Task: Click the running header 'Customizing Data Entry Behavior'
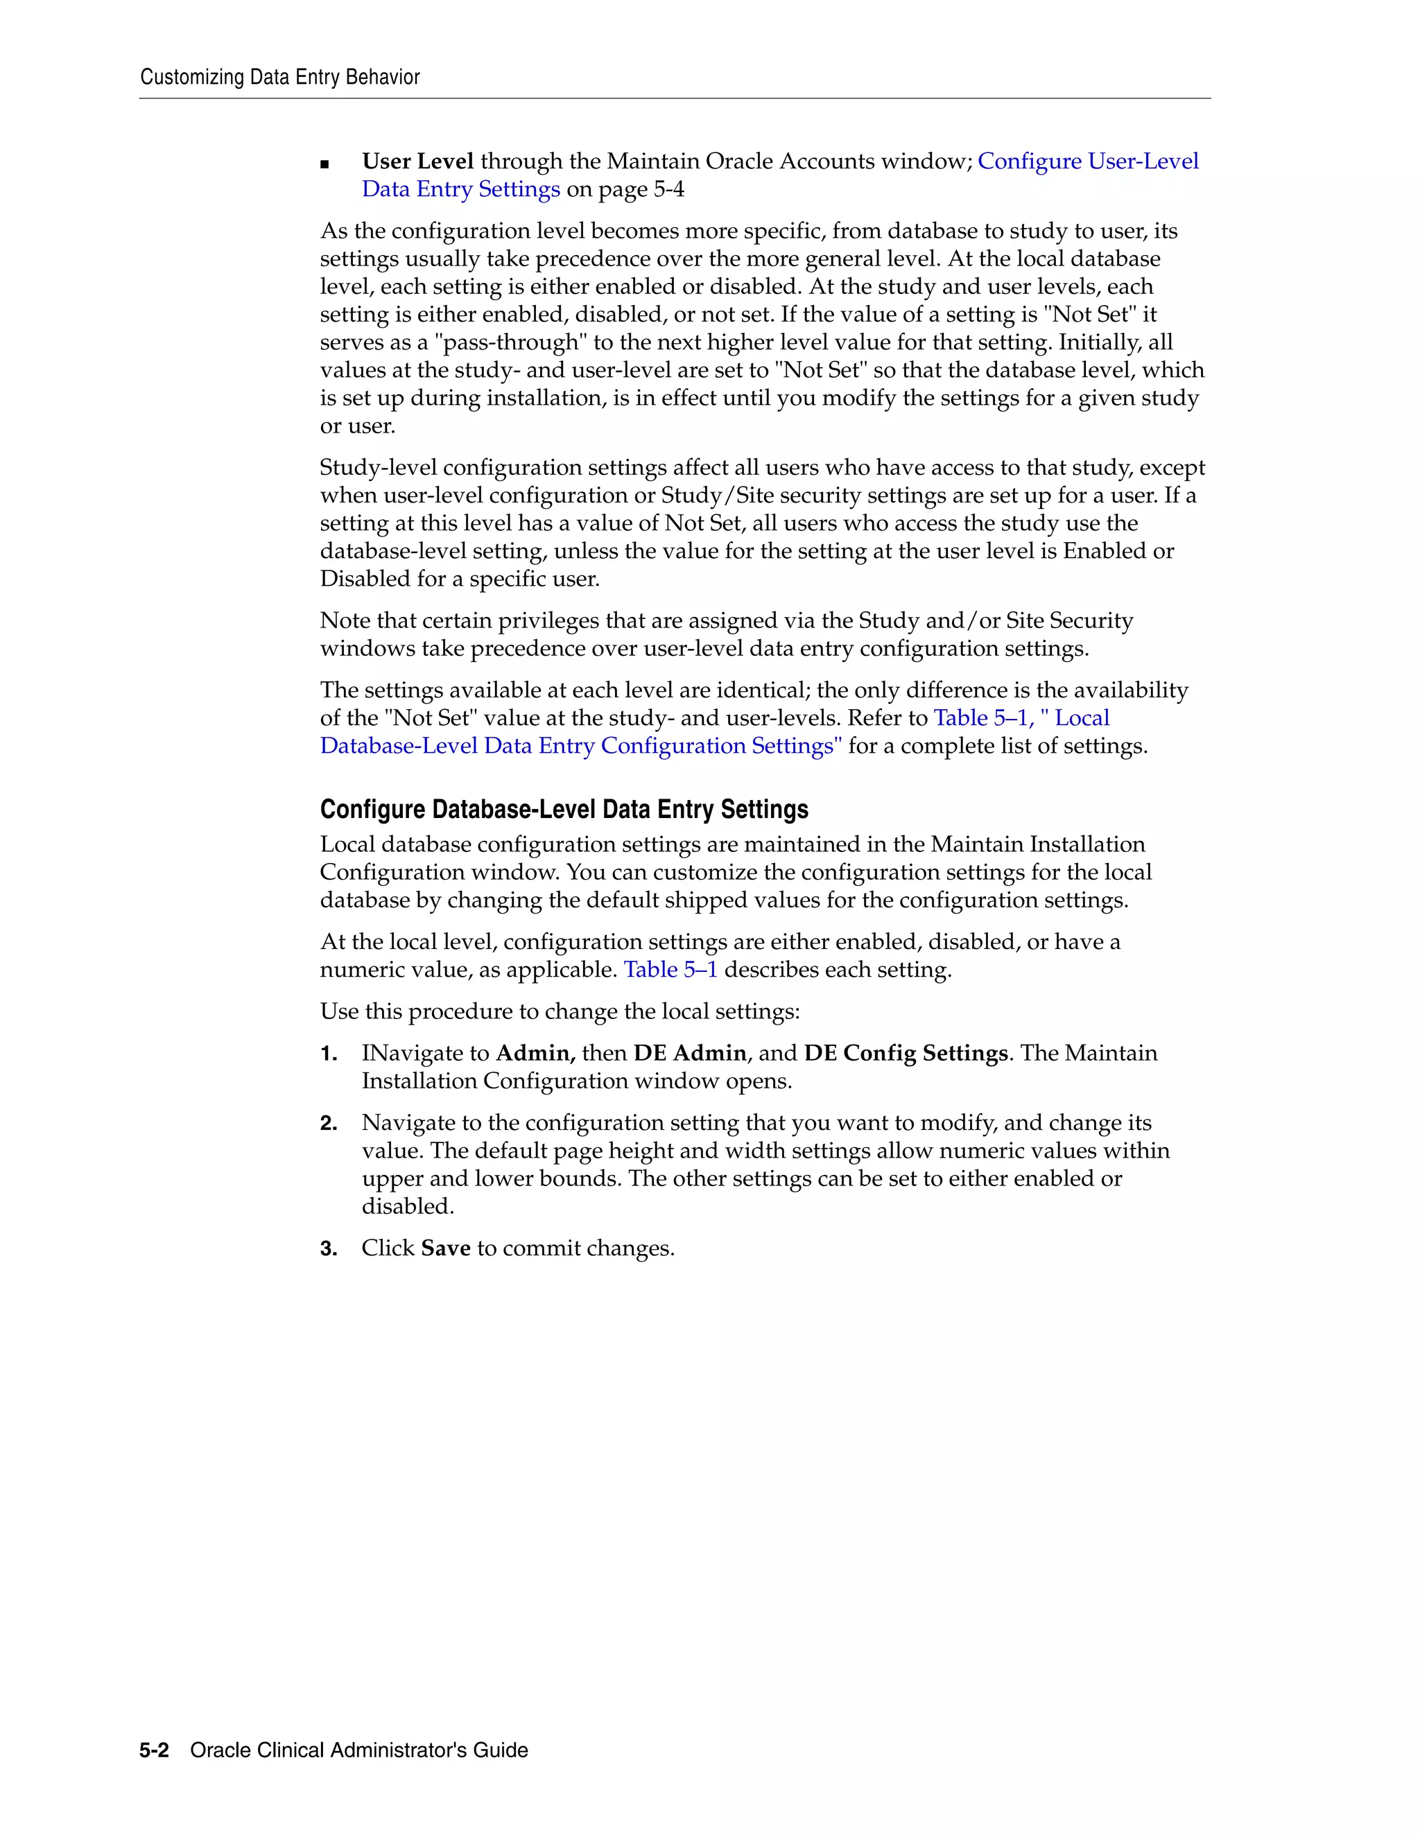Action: (x=279, y=78)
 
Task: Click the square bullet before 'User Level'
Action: (x=324, y=164)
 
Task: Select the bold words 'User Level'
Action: (x=417, y=161)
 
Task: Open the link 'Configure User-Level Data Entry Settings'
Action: (x=1087, y=161)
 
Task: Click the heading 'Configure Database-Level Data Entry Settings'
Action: (x=564, y=809)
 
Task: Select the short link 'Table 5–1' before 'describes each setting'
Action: (x=670, y=970)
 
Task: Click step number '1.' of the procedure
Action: (x=329, y=1054)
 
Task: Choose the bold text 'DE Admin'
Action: (x=689, y=1053)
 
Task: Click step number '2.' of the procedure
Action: (x=329, y=1124)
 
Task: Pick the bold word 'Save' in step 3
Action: (x=445, y=1248)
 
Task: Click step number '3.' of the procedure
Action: (x=329, y=1249)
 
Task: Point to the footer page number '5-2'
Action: (x=154, y=1750)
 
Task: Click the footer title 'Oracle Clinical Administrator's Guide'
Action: (x=359, y=1750)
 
